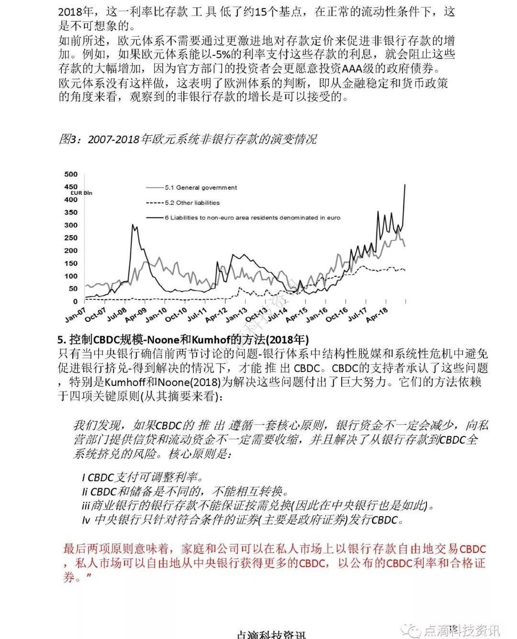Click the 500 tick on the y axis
[70, 174]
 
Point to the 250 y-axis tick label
[70, 238]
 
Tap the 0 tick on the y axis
[75, 302]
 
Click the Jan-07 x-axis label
[76, 314]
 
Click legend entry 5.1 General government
[201, 188]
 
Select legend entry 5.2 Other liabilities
[192, 203]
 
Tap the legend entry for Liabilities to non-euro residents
[252, 218]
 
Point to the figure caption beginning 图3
[187, 139]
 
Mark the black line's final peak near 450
[405, 184]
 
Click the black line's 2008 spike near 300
[134, 226]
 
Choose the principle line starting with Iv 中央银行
[242, 520]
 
